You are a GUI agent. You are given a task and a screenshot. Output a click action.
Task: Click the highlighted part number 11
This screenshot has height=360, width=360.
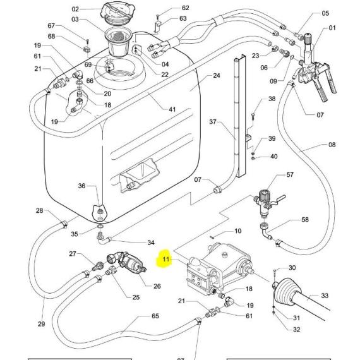165,259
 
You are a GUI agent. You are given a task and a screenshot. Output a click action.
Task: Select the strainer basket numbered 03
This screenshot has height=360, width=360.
119,42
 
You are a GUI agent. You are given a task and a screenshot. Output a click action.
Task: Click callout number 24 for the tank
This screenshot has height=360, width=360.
217,75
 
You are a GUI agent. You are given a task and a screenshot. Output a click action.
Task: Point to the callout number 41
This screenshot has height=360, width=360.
172,109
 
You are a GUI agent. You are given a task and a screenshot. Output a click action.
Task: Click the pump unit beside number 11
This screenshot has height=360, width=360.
220,269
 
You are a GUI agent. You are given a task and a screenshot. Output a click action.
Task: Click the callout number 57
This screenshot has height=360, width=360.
290,175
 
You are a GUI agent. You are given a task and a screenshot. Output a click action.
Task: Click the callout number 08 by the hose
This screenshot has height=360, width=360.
332,145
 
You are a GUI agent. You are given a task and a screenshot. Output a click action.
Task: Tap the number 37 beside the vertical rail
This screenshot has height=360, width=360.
213,121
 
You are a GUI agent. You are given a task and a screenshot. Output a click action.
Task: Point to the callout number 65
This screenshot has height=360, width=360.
155,316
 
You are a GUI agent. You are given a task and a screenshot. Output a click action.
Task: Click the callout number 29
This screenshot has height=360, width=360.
41,324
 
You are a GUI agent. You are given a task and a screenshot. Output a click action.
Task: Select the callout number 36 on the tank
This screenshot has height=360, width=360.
81,186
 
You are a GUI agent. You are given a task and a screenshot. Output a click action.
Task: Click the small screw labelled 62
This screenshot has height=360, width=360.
157,16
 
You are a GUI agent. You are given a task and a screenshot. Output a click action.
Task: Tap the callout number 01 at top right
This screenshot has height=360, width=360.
332,28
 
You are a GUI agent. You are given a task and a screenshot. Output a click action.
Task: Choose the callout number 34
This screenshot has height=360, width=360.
150,243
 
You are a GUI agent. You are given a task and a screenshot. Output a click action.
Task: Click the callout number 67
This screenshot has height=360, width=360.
51,25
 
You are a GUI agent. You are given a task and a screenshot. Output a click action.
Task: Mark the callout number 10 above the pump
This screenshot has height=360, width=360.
237,231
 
